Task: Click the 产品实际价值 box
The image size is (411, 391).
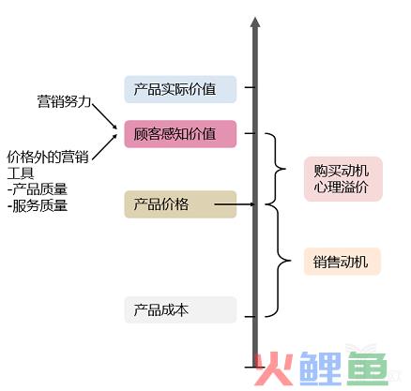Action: (x=180, y=89)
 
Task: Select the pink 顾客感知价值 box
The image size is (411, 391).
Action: (x=180, y=134)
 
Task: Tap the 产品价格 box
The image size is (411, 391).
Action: (x=180, y=204)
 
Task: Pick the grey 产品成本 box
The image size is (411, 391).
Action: (x=180, y=309)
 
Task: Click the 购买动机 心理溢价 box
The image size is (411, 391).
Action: (x=343, y=179)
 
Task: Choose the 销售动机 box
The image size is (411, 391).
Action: (x=342, y=262)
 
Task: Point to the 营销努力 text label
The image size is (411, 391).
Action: (x=64, y=101)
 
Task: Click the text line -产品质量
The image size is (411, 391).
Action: (x=38, y=189)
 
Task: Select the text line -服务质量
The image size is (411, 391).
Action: (x=38, y=206)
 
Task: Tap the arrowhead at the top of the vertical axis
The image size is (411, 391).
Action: (x=255, y=22)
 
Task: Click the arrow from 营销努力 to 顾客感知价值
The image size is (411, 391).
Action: (x=104, y=116)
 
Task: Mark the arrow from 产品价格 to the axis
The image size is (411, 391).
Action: (x=235, y=204)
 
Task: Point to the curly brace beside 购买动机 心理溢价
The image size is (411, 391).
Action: (x=275, y=169)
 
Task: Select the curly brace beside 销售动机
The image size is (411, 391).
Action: (x=278, y=261)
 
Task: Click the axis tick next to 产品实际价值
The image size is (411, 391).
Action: (x=250, y=87)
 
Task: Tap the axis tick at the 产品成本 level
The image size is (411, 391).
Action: (x=250, y=317)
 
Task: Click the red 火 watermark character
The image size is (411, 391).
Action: (x=273, y=368)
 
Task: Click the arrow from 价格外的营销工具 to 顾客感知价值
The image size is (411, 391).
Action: (x=104, y=147)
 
